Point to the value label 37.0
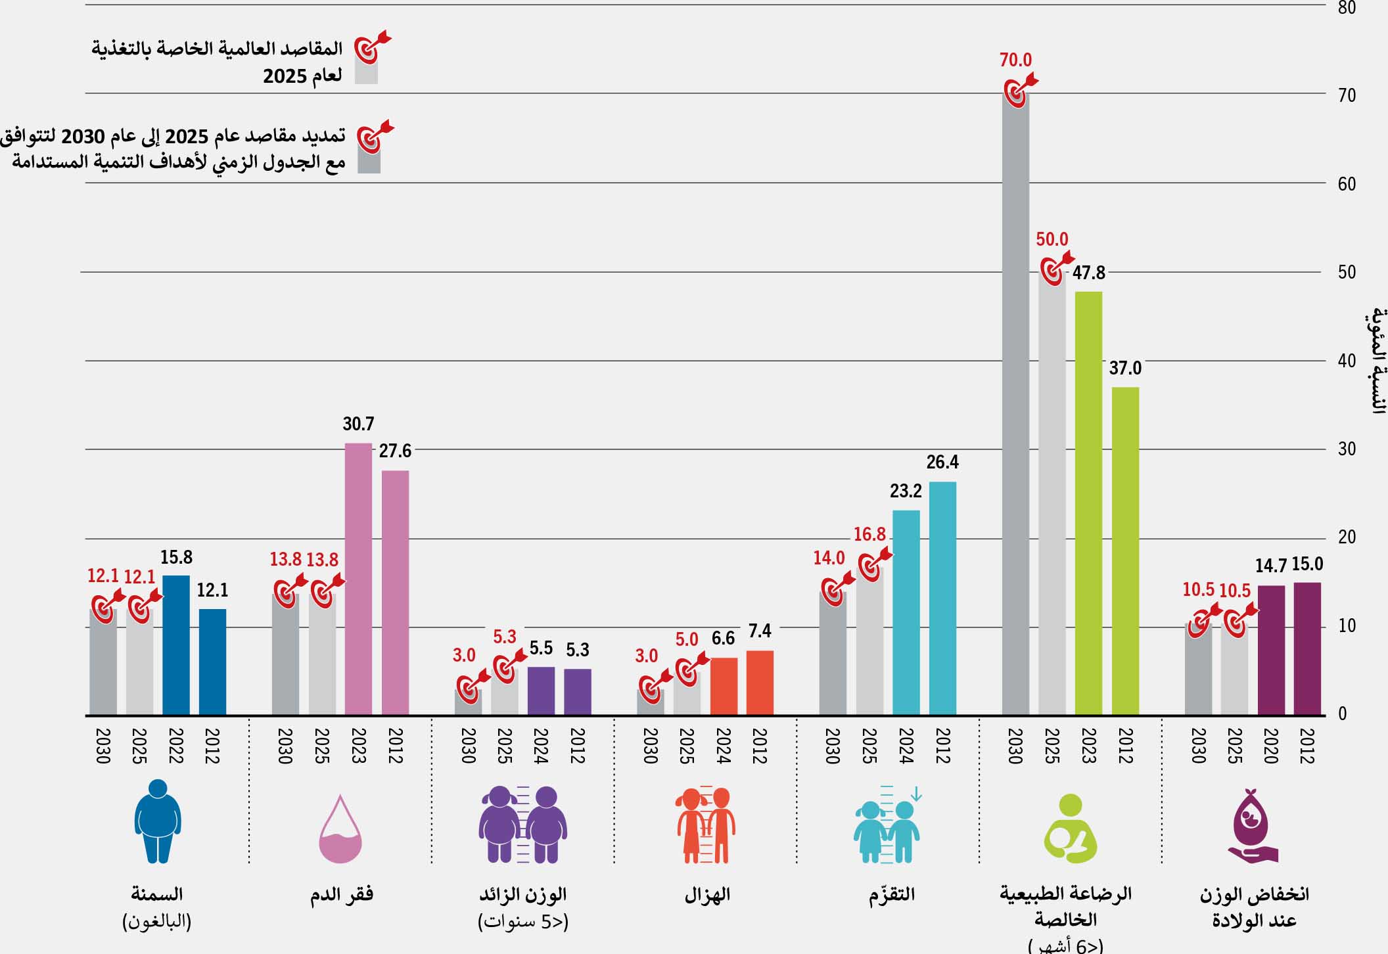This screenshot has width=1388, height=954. pos(1125,369)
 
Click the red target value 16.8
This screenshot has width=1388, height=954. pos(869,535)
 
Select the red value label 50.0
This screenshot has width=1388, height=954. pos(1052,240)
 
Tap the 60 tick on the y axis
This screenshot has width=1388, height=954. pos(1347,184)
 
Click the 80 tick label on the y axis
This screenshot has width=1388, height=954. pos(1347,8)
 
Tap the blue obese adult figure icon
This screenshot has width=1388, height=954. pos(158,821)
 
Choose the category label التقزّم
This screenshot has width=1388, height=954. pos(891,895)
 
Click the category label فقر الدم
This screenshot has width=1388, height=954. pos(341,895)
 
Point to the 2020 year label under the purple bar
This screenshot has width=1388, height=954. pos(1270,746)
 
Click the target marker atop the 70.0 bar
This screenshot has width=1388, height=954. pos(1019,90)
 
